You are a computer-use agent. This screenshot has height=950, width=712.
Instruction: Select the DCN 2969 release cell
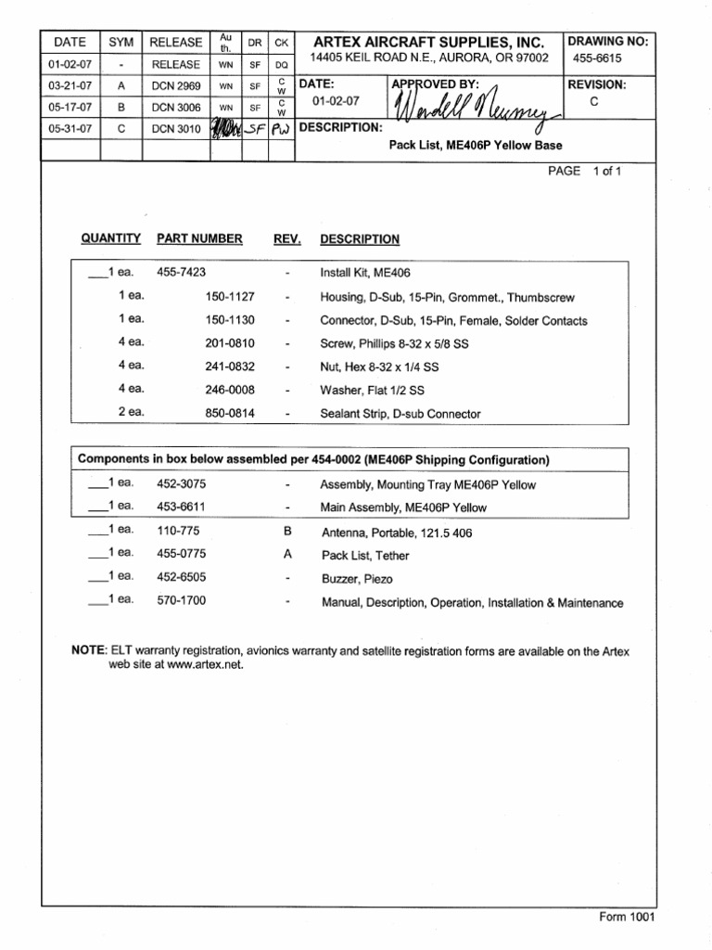click(175, 86)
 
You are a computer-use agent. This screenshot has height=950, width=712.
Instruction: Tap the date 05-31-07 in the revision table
click(70, 130)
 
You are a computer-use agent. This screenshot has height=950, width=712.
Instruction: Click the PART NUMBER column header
click(199, 238)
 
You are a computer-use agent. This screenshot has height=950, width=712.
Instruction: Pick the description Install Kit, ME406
click(364, 274)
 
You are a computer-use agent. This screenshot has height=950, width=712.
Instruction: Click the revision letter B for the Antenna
click(287, 532)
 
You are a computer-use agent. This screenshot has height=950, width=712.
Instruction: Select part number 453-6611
click(181, 507)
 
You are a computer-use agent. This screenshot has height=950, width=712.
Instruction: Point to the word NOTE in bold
click(89, 651)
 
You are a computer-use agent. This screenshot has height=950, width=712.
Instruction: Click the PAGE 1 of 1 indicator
click(584, 172)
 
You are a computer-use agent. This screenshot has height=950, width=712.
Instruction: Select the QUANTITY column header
click(111, 238)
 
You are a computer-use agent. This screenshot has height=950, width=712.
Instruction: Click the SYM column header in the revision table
click(121, 43)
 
